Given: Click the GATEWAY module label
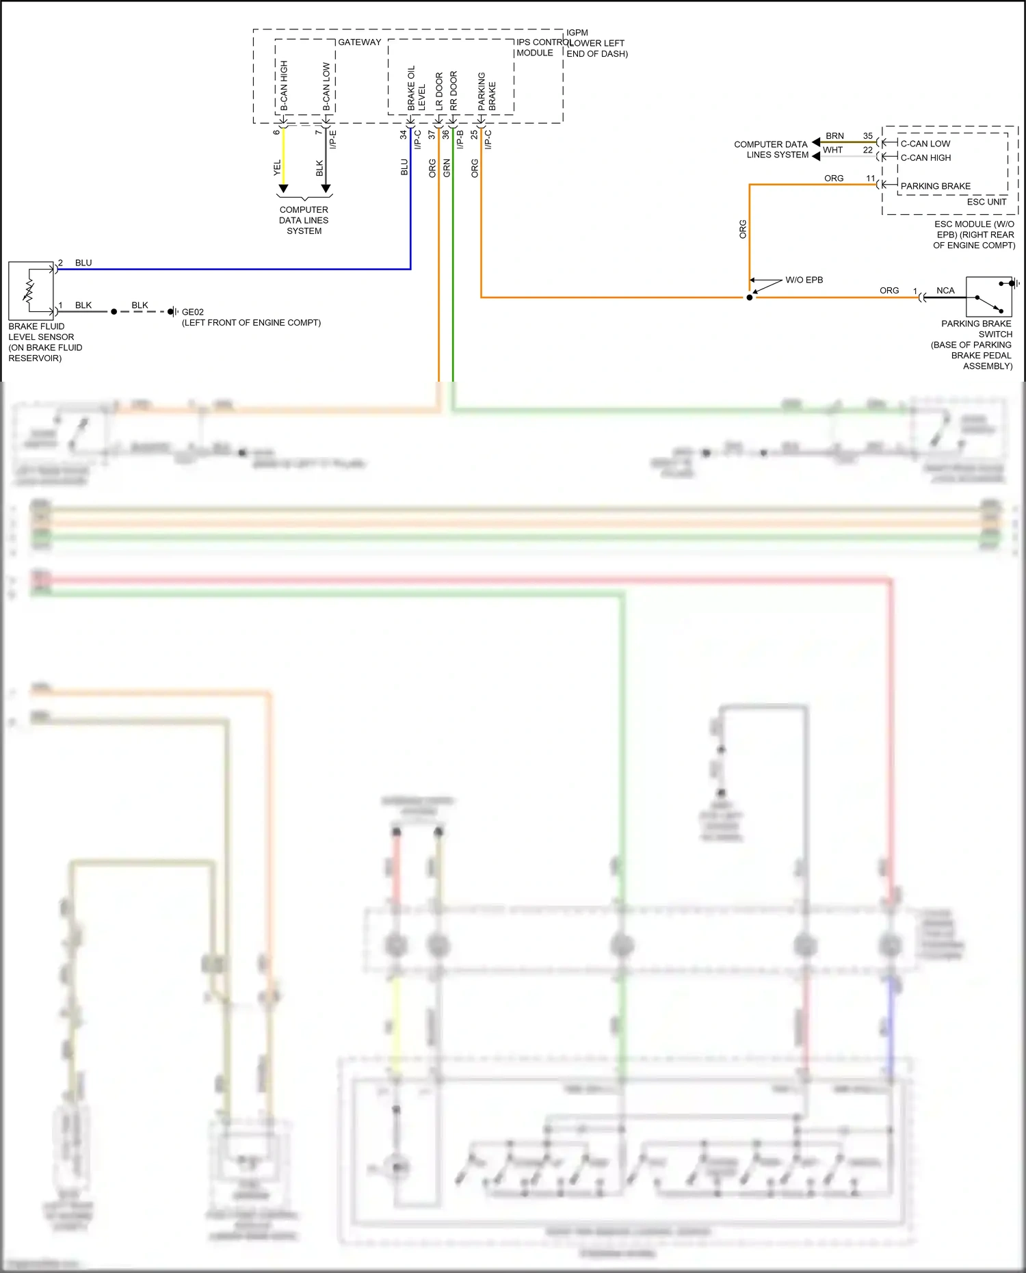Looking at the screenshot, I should coord(359,42).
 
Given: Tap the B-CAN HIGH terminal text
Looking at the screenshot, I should coord(284,86).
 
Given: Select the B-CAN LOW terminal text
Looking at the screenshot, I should coord(326,87).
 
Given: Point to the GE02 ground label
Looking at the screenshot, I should coord(192,312).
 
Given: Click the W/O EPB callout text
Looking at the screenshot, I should coord(804,280).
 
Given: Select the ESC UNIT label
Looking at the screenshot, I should coord(986,202).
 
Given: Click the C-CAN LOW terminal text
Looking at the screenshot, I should coord(925,144).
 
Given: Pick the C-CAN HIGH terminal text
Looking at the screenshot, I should coord(925,157).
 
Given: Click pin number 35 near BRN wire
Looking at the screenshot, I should coord(867,136).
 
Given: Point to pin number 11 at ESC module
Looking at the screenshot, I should coord(870,179).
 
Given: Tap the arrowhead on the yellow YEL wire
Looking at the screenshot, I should coord(283,188).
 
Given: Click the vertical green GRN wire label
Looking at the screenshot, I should coord(447,168).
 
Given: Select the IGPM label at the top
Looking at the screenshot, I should coord(577,33).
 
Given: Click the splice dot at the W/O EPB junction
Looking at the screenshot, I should coord(750,298).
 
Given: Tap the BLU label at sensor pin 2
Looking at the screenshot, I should coord(83,263).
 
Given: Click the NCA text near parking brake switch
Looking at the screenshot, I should coord(945,291).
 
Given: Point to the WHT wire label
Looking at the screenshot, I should coord(832,150).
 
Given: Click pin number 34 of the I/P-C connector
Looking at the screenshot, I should coord(403,135).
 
